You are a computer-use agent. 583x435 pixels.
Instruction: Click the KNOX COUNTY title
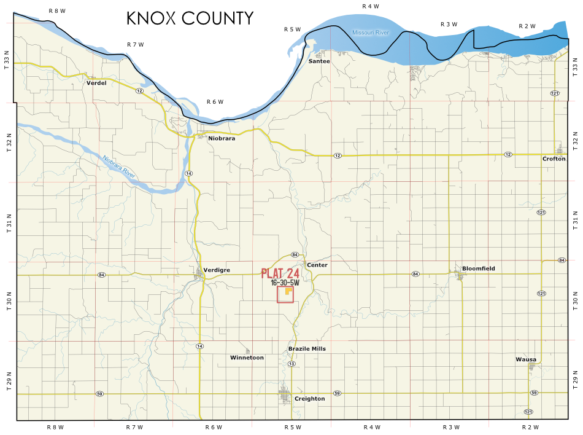(x=190, y=18)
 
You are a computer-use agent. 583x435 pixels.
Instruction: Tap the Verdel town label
(x=96, y=83)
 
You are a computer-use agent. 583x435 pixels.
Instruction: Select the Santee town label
(x=319, y=61)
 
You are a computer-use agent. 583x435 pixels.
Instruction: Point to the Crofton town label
(x=554, y=159)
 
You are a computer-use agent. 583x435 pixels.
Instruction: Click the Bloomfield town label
(x=478, y=268)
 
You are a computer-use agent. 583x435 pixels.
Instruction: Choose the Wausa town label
(x=526, y=359)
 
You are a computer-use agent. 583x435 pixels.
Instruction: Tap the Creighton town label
(x=309, y=399)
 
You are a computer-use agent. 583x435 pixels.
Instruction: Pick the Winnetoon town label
(x=247, y=357)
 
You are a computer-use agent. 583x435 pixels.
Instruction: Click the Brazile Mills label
(x=307, y=348)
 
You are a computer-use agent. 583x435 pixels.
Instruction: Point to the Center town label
(x=317, y=265)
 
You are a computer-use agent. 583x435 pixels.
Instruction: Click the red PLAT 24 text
(x=280, y=273)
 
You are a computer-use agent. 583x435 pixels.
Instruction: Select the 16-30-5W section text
(x=285, y=283)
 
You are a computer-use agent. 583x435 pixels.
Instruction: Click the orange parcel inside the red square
(x=288, y=293)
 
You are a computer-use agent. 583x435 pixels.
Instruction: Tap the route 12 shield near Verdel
(x=140, y=91)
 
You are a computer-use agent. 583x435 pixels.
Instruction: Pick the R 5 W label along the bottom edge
(x=293, y=427)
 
